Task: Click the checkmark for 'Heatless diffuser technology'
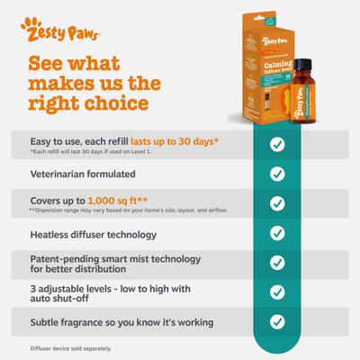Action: (x=277, y=231)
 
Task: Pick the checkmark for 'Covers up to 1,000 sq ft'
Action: (x=277, y=202)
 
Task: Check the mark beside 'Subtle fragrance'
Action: (x=277, y=321)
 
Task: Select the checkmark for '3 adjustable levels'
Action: (x=277, y=292)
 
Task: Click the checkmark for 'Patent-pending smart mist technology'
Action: (x=277, y=262)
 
